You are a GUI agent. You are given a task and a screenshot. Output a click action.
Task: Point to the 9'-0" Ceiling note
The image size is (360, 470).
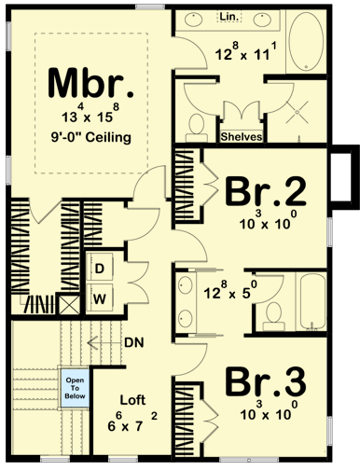91,138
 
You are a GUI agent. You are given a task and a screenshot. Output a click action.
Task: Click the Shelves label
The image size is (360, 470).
241,137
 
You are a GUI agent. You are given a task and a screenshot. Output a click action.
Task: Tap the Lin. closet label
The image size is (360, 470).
228,17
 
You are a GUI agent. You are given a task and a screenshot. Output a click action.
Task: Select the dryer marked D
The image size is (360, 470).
99,268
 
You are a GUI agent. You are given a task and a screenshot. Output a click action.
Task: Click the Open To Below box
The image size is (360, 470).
74,387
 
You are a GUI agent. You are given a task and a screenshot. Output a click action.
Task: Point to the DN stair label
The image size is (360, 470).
133,342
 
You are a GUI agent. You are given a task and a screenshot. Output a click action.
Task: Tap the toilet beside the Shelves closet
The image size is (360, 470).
198,125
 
